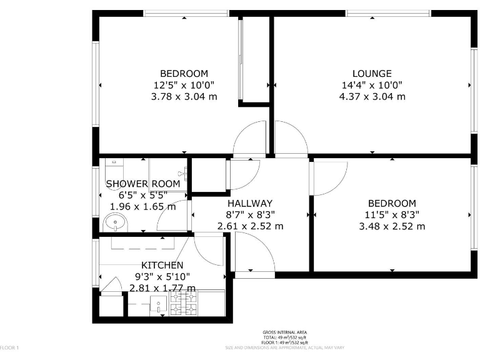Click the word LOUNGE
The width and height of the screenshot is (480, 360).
(x=371, y=73)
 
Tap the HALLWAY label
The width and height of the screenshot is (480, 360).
(x=249, y=203)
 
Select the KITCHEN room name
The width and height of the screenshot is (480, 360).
(x=162, y=265)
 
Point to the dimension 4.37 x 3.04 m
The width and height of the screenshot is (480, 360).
(x=371, y=96)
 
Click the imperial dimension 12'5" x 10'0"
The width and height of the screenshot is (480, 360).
(x=184, y=85)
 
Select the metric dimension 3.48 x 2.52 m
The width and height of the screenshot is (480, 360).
(x=391, y=226)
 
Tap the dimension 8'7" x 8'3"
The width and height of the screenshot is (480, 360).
(x=249, y=214)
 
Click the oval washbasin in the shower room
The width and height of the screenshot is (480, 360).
(x=115, y=221)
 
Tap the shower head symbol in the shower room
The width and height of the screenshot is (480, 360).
(x=182, y=173)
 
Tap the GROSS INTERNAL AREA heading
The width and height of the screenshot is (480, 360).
(x=284, y=332)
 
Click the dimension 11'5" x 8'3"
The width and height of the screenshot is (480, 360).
(x=391, y=214)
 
